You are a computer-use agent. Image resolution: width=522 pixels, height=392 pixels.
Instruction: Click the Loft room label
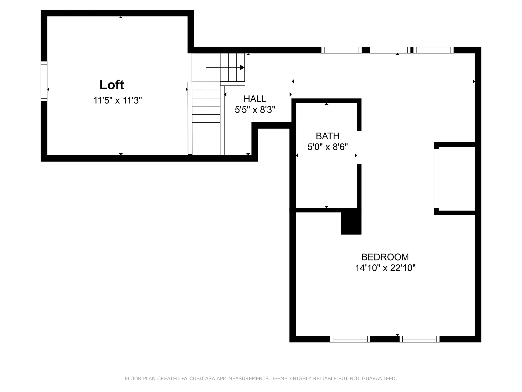coord(112,85)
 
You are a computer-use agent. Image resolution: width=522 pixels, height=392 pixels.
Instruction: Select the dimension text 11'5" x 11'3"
coord(117,100)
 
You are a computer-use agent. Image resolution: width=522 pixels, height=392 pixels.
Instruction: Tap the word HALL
coord(255,99)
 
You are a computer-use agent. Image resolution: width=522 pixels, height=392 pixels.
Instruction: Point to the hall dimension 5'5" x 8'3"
coord(255,110)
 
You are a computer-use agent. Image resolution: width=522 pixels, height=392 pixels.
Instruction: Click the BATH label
coord(327,136)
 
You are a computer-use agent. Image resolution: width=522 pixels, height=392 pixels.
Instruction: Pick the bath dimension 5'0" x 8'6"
coord(327,147)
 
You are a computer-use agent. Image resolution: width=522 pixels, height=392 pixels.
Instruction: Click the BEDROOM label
coord(385,257)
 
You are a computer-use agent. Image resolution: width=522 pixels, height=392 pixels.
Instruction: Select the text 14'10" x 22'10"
coord(385,268)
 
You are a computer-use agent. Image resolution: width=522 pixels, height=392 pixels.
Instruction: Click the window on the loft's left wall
coord(44,81)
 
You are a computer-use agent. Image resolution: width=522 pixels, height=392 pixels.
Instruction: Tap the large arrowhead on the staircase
coord(242,67)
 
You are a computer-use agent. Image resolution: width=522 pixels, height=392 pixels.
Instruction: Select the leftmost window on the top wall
coord(341,50)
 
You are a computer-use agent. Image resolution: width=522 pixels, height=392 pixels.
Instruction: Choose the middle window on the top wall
coord(390,50)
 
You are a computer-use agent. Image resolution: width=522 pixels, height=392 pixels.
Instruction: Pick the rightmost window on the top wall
coord(433,50)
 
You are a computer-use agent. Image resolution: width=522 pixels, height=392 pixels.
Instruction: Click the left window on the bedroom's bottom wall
coord(350,339)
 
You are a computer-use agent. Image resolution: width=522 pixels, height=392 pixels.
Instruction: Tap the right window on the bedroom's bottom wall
coord(420,339)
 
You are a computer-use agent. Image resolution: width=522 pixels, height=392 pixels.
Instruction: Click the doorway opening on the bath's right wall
coord(359,148)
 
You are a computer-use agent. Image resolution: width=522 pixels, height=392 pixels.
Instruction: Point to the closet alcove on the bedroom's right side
coord(456,179)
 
